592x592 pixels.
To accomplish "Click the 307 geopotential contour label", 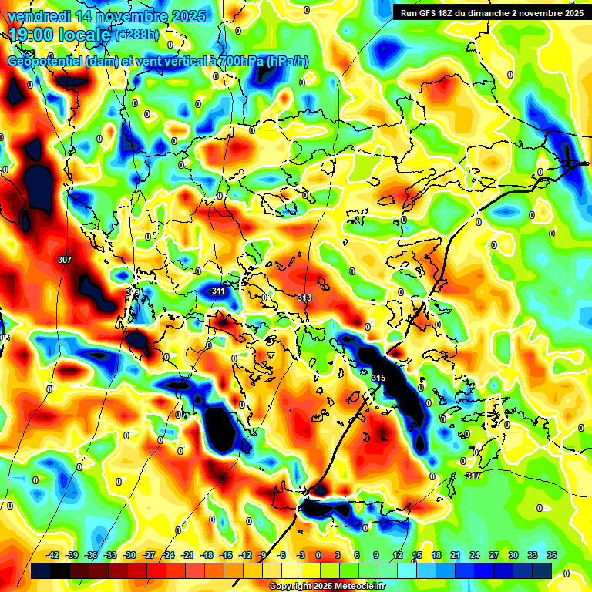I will tap(65, 261).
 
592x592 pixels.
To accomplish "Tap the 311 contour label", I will tap(218, 291).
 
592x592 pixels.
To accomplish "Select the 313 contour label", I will tap(304, 298).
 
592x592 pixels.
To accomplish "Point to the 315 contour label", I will tap(378, 378).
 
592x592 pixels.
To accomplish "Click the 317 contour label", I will tap(473, 476).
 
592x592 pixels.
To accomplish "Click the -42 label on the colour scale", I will tap(53, 555).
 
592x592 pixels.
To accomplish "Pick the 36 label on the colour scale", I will tap(552, 555).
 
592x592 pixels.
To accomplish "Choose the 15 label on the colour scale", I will tap(417, 555).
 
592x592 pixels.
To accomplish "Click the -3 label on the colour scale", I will tap(301, 555).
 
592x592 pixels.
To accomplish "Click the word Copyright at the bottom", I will tap(291, 586).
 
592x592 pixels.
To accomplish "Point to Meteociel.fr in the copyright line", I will tap(360, 586).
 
